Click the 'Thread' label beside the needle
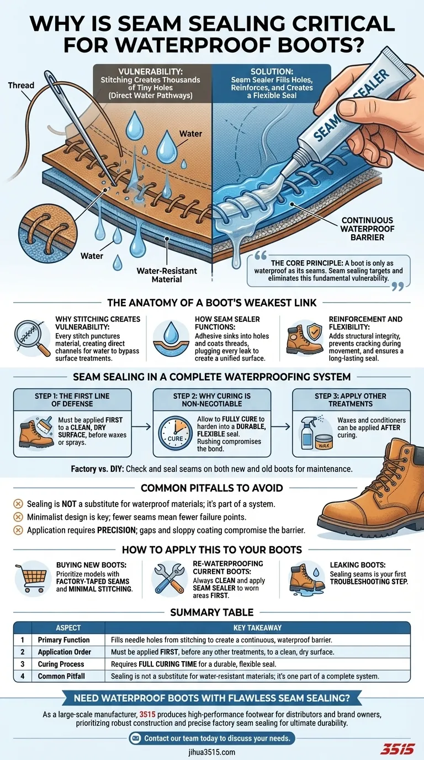tap(21, 86)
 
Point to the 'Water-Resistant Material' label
tap(167, 275)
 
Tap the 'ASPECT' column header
tap(68, 628)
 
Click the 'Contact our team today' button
tap(211, 738)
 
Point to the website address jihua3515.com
tap(212, 752)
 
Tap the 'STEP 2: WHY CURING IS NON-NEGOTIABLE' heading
tap(213, 400)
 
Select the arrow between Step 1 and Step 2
tap(142, 426)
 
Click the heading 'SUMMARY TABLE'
tap(212, 612)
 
